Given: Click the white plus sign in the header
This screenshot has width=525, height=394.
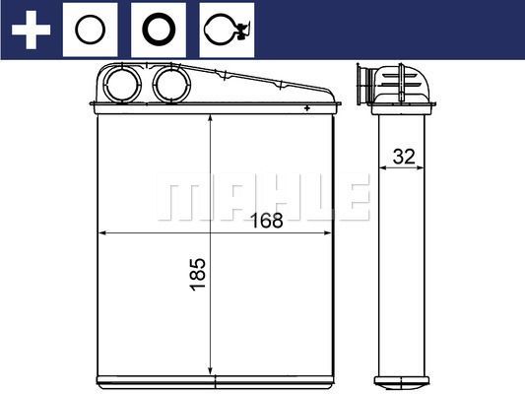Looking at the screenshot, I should (30, 29).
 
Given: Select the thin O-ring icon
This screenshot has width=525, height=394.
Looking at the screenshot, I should (92, 29).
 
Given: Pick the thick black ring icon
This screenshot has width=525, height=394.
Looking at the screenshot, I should (158, 29).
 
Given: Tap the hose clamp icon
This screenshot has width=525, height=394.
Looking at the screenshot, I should (226, 30).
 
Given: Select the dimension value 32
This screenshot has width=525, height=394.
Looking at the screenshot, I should (402, 156).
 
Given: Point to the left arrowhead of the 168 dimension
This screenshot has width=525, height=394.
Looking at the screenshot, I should (102, 233).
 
